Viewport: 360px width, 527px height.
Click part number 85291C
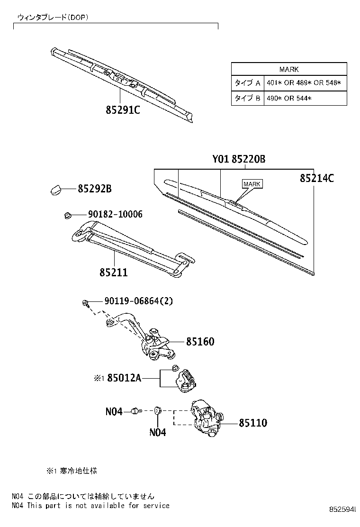coord(123,110)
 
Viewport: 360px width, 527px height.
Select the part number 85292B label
coord(95,189)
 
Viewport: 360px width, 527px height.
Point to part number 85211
coord(113,273)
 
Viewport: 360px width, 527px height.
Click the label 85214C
coord(317,178)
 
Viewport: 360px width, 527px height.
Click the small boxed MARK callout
coord(252,184)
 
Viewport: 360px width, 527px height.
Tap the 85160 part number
coord(200,342)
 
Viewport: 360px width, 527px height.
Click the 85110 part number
coord(252,423)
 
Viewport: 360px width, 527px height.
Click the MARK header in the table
coord(289,69)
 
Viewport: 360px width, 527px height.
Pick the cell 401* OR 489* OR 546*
coord(304,83)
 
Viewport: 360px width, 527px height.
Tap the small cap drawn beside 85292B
coord(55,190)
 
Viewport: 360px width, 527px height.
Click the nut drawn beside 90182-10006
coord(67,216)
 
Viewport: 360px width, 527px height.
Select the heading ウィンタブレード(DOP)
coord(53,17)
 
